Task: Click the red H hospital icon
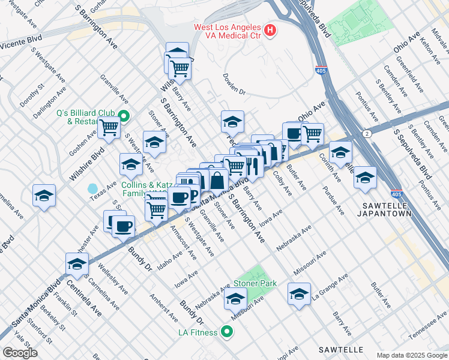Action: [270, 29]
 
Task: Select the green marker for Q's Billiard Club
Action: [124, 116]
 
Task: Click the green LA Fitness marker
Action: [226, 331]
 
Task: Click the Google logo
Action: [20, 352]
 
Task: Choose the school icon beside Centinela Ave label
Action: [77, 263]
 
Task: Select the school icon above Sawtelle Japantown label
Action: [365, 177]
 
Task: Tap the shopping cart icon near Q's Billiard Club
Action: [109, 127]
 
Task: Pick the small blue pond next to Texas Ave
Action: [92, 189]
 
